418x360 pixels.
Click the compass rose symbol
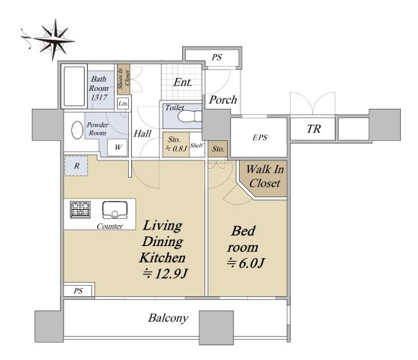(53, 40)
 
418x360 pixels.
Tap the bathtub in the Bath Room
(74, 86)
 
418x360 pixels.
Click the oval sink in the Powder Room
(77, 130)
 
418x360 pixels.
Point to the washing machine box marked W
(118, 147)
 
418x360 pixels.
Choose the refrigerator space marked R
(76, 166)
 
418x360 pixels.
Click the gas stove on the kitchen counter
(80, 210)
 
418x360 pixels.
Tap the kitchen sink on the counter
(115, 210)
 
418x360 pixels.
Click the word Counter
(109, 226)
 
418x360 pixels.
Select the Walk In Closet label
(265, 176)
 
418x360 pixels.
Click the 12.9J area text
(166, 274)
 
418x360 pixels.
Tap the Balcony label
(169, 318)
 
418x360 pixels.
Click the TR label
(314, 129)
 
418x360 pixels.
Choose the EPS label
(260, 137)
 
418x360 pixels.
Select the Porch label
(223, 100)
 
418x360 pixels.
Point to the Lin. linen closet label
(123, 103)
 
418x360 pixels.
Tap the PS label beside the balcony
(79, 291)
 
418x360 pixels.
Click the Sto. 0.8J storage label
(176, 144)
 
